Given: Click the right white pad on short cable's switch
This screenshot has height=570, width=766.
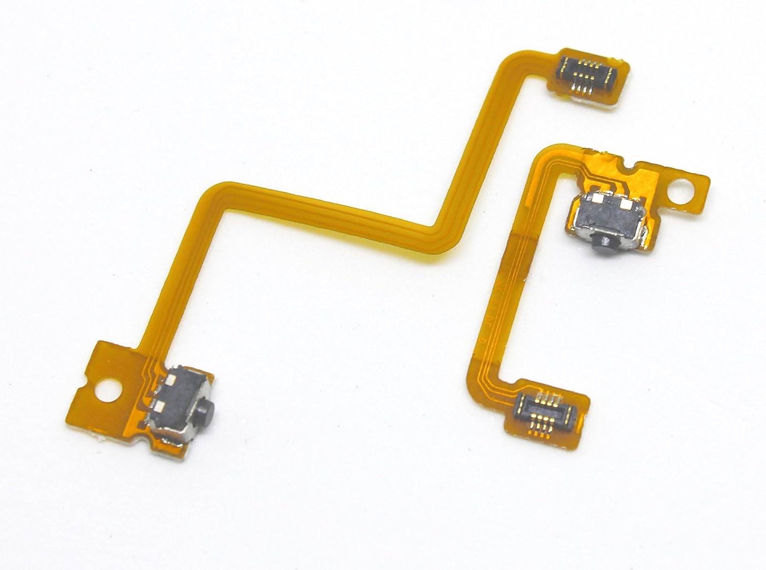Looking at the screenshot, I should (x=624, y=203).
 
